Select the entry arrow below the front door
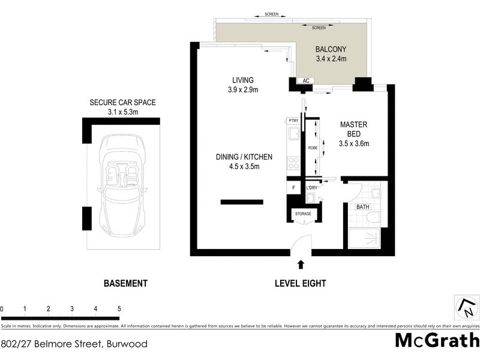301,263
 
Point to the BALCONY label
331,49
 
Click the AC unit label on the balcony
305,80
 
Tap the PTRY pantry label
293,121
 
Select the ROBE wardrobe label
313,147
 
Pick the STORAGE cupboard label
303,214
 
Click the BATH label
363,207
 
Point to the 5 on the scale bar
119,309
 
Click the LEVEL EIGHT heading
300,283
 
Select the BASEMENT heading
125,283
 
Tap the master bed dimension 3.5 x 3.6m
353,143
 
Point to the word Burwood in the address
127,344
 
